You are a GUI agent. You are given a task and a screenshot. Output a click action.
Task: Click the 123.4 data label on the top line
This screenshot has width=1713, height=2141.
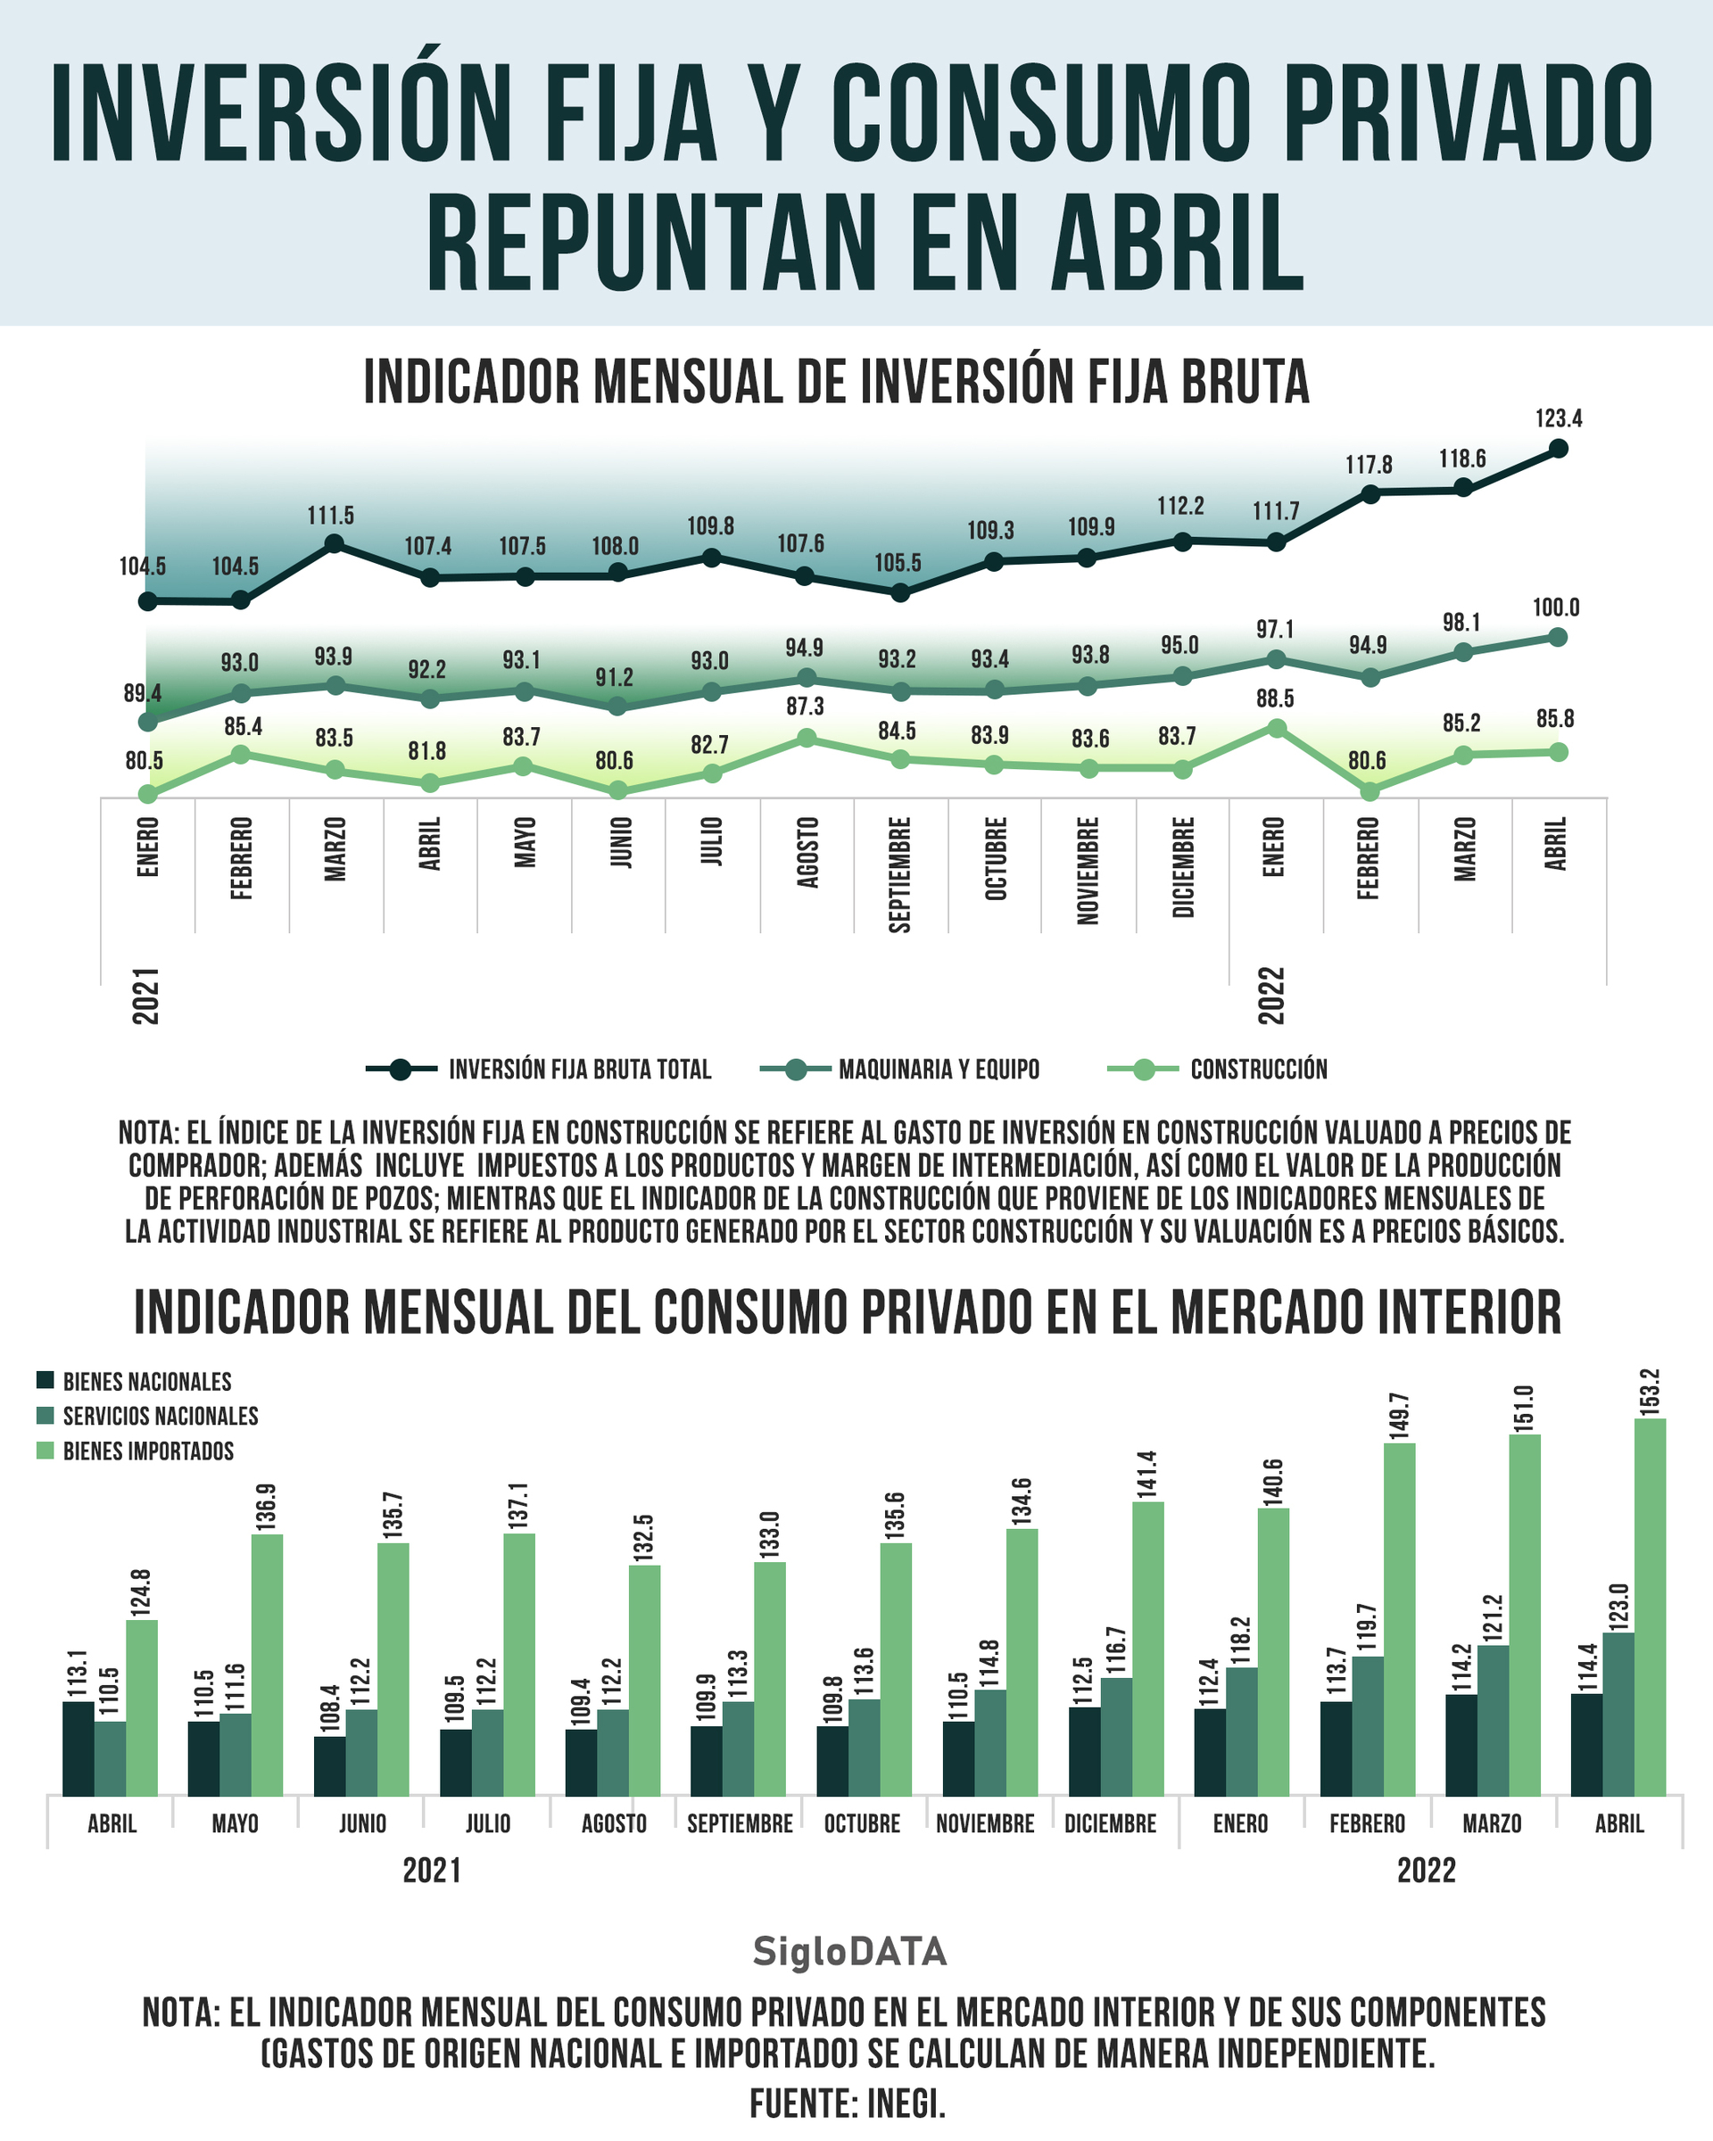point(1558,419)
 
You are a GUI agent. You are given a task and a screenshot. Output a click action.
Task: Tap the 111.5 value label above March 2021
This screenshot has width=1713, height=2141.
point(331,517)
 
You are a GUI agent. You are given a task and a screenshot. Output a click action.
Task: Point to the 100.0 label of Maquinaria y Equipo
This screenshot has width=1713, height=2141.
point(1556,608)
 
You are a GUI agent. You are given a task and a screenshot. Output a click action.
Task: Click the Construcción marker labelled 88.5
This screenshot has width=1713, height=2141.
point(1277,729)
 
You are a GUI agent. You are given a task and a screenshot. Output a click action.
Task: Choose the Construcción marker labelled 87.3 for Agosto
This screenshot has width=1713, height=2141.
point(807,738)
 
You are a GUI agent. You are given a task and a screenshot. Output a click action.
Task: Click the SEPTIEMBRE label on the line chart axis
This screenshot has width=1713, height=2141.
point(899,875)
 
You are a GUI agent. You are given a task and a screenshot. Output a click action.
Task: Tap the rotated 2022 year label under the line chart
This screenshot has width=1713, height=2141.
point(1272,995)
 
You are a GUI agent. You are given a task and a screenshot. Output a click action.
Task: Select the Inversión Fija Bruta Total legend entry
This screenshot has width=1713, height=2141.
point(539,1070)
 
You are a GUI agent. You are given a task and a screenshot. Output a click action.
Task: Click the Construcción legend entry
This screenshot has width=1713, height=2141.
point(1218,1070)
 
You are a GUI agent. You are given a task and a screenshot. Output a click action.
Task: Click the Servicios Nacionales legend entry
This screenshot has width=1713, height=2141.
point(148,1416)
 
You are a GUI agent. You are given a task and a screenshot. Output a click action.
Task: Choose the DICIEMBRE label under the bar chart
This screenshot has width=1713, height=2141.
point(1110,1823)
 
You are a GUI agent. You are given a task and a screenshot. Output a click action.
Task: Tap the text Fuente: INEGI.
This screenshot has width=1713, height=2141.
point(847,2103)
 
